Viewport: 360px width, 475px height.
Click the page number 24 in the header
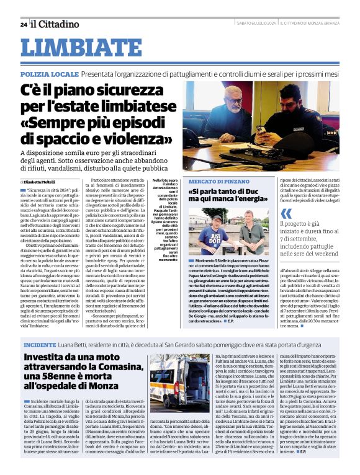pos(23,25)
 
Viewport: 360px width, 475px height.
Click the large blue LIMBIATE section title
pos(81,48)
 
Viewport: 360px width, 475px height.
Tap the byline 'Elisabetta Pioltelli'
pos(44,181)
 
